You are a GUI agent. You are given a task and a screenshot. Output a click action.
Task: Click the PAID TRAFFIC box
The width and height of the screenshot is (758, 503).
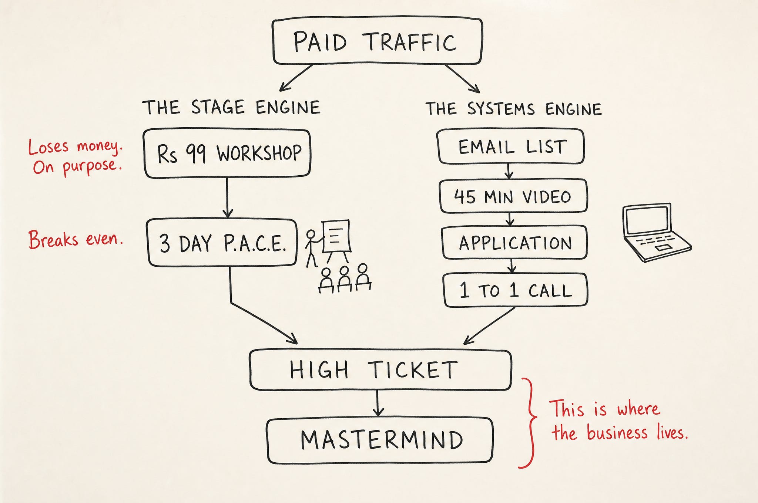[x=377, y=41]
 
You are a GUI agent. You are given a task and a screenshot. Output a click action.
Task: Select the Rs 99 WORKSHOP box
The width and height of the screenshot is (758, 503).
[x=227, y=153]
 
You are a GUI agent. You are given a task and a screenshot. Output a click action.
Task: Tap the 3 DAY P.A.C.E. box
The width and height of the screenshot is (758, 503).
[x=222, y=243]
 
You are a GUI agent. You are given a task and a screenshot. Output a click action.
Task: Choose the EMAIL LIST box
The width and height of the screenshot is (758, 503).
[x=511, y=146]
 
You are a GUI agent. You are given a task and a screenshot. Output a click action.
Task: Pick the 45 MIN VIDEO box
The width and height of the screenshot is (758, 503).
[x=513, y=196]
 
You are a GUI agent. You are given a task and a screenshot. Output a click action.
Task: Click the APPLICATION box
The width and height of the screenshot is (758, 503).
[x=515, y=243]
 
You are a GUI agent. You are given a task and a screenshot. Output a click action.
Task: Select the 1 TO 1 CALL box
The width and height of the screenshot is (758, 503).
[x=516, y=290]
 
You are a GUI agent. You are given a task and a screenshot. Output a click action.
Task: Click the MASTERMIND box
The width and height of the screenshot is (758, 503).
[x=380, y=440]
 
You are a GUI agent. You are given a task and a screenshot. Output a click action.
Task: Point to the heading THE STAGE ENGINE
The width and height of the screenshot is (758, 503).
[x=231, y=107]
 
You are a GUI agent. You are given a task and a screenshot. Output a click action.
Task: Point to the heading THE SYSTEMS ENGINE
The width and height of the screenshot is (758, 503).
[x=513, y=109]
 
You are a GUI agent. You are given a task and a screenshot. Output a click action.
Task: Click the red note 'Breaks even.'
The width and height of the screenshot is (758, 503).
[x=76, y=240]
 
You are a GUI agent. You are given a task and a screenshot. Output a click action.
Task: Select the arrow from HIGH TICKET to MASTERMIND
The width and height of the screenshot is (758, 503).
[x=378, y=403]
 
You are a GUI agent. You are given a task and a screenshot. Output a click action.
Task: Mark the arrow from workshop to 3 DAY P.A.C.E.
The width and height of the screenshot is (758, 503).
[x=227, y=198]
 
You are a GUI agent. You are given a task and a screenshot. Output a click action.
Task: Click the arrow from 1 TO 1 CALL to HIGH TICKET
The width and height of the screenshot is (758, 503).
[x=489, y=325]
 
